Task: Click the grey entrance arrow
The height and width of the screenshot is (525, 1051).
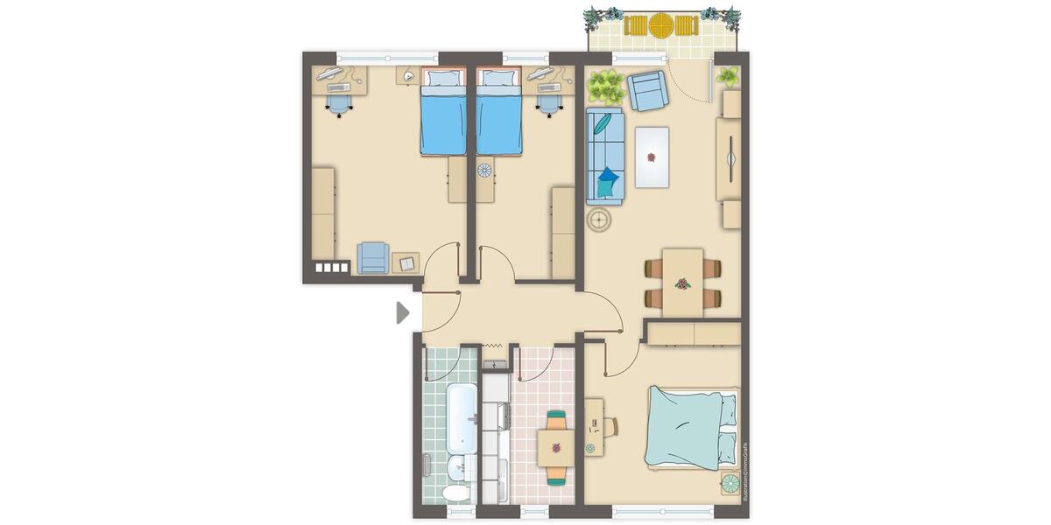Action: [403, 312]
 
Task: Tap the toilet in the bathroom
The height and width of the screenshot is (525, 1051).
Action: [455, 493]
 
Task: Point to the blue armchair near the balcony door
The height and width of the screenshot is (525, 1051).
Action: [647, 91]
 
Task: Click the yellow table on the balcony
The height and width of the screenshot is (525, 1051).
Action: [660, 25]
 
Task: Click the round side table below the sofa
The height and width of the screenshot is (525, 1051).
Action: [600, 221]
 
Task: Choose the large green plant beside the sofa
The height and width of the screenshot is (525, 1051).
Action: [605, 86]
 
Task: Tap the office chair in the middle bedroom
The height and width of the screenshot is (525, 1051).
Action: [549, 103]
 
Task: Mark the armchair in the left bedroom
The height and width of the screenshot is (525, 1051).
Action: [373, 257]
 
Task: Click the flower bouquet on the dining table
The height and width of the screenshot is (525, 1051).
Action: [682, 283]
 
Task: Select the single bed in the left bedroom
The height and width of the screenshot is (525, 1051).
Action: [443, 113]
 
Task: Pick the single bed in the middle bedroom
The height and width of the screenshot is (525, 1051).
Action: [498, 113]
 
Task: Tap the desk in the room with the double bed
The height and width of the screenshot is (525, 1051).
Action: [594, 427]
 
